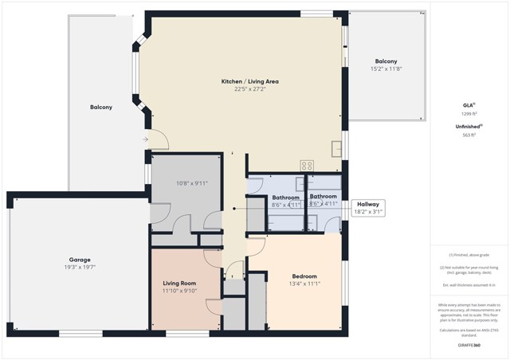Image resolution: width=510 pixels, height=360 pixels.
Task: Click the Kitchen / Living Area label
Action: point(249,81)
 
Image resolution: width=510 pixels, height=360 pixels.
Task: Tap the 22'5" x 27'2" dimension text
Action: point(249,89)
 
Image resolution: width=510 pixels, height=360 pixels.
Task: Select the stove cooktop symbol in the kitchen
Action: point(307,166)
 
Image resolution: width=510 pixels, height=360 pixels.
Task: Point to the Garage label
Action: point(79,260)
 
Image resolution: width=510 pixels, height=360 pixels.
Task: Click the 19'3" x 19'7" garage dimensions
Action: point(79,268)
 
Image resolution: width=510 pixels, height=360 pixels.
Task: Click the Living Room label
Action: point(181,283)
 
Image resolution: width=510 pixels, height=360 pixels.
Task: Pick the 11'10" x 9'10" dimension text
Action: point(181,291)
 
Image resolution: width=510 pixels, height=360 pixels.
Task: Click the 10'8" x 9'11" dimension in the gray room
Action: point(191,183)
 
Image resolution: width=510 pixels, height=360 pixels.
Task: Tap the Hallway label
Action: point(367,205)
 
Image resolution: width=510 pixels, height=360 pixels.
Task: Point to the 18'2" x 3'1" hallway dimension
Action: point(367,213)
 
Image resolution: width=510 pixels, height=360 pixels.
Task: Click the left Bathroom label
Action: point(285,197)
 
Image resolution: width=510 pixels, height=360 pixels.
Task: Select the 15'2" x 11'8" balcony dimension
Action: point(386,69)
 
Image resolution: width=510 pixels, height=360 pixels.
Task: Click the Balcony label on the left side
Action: point(101,108)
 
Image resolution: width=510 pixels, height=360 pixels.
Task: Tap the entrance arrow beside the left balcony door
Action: point(145,139)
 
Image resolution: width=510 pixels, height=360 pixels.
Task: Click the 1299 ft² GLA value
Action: point(469,114)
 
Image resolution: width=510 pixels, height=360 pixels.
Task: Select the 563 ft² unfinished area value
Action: point(469,135)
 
